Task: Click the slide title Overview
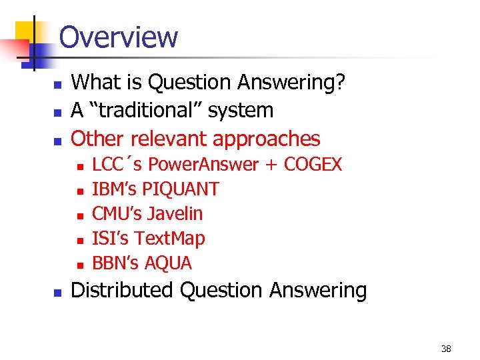pos(119,37)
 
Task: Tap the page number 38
pos(446,349)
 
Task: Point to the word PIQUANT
pos(181,189)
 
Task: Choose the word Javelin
pos(175,213)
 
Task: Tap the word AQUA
pos(169,263)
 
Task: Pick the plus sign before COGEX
pos(271,165)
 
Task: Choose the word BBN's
pos(115,263)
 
